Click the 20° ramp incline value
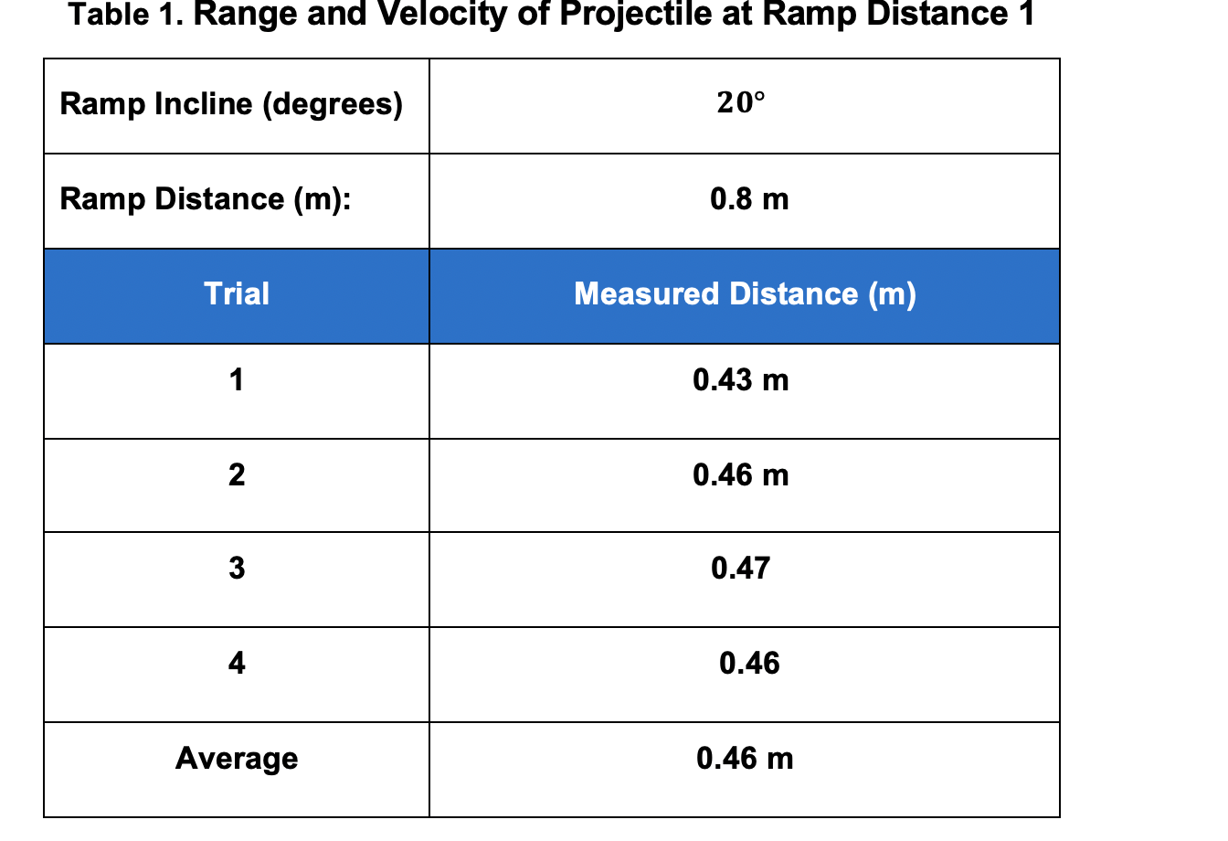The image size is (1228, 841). pyautogui.click(x=740, y=103)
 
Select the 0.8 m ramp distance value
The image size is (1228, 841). pyautogui.click(x=749, y=199)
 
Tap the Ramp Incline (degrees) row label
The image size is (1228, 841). pyautogui.click(x=231, y=104)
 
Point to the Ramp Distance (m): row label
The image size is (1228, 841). pyautogui.click(x=206, y=199)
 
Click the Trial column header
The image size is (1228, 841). pyautogui.click(x=237, y=294)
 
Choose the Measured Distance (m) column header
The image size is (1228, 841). pyautogui.click(x=745, y=294)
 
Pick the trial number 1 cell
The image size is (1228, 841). pyautogui.click(x=237, y=379)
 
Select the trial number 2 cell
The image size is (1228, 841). pyautogui.click(x=237, y=474)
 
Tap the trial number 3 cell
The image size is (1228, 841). pyautogui.click(x=237, y=569)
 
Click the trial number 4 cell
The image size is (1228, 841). pyautogui.click(x=237, y=663)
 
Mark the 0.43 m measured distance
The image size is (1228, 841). pyautogui.click(x=740, y=379)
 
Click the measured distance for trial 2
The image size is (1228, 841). pyautogui.click(x=740, y=474)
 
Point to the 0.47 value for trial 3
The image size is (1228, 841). pyautogui.click(x=740, y=569)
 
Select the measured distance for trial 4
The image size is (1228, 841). pyautogui.click(x=749, y=663)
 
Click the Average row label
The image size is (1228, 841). pyautogui.click(x=237, y=758)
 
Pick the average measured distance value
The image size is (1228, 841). pyautogui.click(x=745, y=758)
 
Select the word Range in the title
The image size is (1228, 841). pyautogui.click(x=245, y=15)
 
